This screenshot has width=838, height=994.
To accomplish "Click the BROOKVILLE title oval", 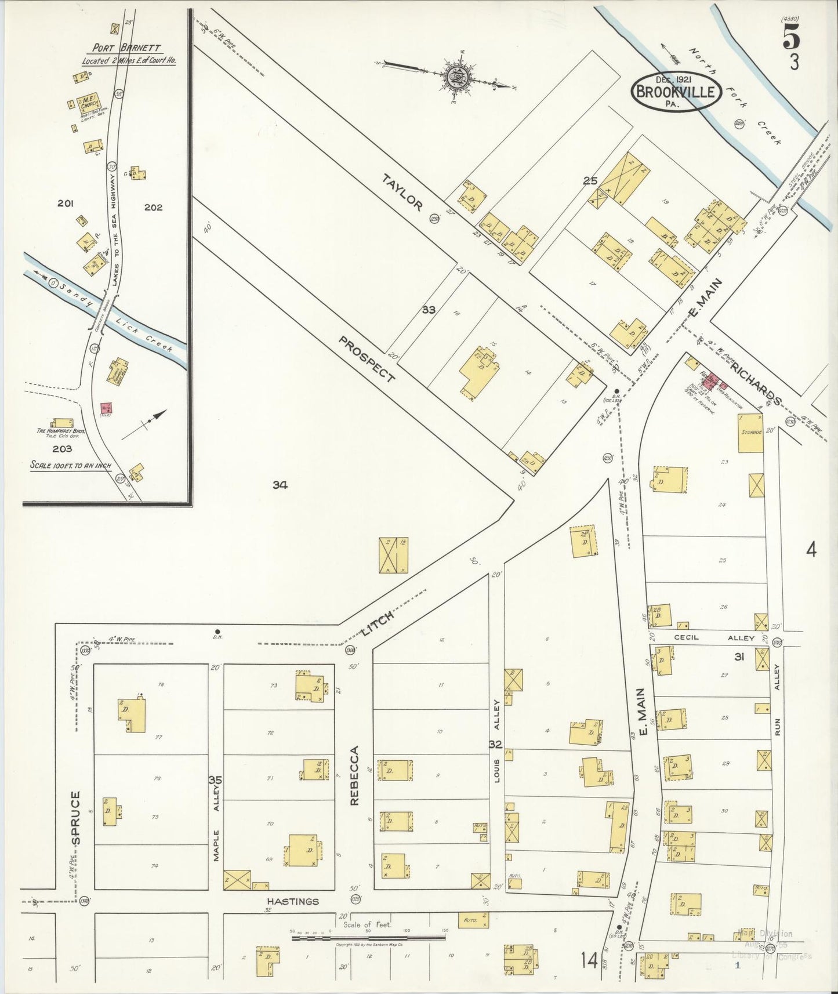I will tap(676, 91).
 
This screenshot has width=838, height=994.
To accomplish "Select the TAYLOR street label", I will tap(409, 199).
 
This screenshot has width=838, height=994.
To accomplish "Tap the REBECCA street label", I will tap(354, 775).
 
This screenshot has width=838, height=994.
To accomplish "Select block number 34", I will tap(280, 485).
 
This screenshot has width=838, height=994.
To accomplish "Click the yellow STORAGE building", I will tap(750, 433).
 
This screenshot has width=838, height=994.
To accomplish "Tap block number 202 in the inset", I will tap(154, 207).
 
